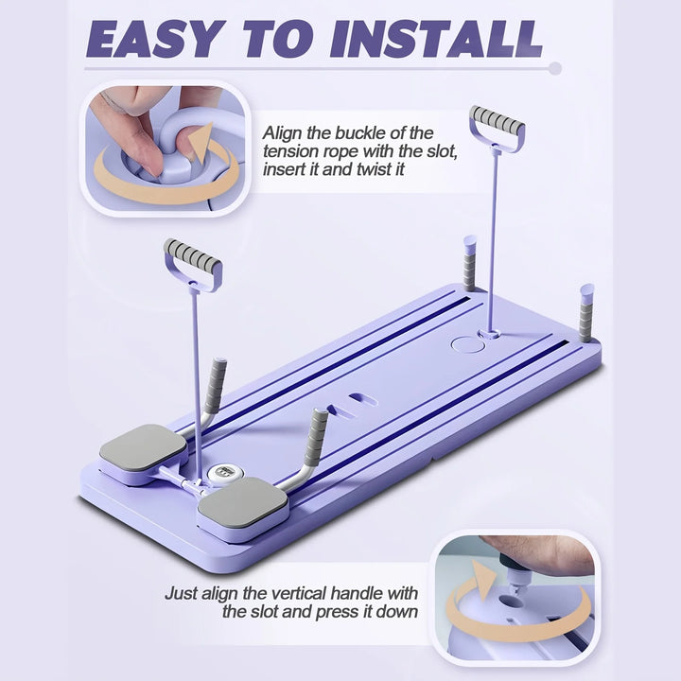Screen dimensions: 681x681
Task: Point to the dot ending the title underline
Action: pos(555,68)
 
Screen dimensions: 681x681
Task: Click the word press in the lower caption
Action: pos(361,612)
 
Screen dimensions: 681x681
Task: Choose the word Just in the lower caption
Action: pos(183,594)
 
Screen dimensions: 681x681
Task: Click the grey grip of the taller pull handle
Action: pos(496,119)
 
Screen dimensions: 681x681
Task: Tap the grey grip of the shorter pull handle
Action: pos(192,253)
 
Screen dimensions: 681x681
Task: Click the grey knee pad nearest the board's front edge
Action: pos(242,503)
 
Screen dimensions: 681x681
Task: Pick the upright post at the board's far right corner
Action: pos(587,311)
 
